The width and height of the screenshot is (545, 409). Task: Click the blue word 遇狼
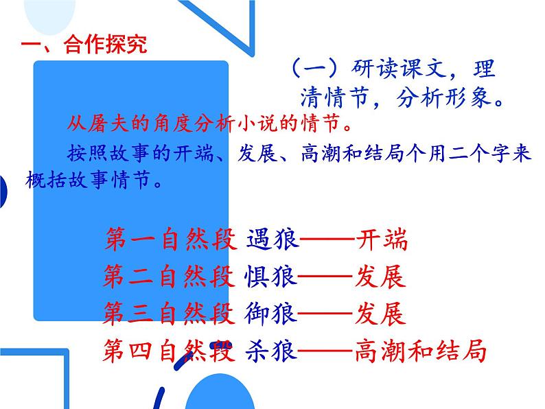(x=270, y=240)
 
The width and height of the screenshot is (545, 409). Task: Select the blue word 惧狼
(x=270, y=277)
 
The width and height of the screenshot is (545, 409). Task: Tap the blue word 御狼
(x=270, y=313)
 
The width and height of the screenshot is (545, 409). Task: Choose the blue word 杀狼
(x=270, y=351)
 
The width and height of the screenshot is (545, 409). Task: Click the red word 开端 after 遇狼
(x=382, y=240)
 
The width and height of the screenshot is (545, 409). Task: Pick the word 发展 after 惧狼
(x=381, y=277)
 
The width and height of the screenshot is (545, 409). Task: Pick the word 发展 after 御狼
(x=381, y=313)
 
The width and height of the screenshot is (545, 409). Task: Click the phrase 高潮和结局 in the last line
(x=421, y=351)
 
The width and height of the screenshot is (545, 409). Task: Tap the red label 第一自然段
(x=171, y=240)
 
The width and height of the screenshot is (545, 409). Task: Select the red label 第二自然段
(x=171, y=277)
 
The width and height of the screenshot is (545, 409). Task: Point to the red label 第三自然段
(x=171, y=313)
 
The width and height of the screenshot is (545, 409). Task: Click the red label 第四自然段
(x=171, y=351)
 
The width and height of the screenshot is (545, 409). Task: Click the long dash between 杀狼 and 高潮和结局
(x=326, y=351)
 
